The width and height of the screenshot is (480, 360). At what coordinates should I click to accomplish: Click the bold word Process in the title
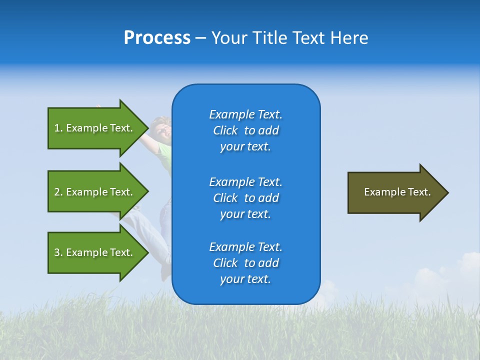157,38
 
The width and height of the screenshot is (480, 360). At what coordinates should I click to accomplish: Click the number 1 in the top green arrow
57,128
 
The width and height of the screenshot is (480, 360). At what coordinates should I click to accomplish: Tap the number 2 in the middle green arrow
57,192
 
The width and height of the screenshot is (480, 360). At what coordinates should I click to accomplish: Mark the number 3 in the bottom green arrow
57,252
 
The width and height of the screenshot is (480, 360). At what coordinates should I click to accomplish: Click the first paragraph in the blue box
245,130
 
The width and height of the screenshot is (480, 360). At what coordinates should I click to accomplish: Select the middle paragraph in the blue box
245,198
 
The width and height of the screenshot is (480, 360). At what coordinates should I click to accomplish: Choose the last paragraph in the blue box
245,263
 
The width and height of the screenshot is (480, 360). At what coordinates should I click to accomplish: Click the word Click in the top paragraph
225,130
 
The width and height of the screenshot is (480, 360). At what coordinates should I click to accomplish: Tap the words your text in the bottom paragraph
245,279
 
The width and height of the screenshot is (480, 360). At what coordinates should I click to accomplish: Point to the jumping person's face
162,130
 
